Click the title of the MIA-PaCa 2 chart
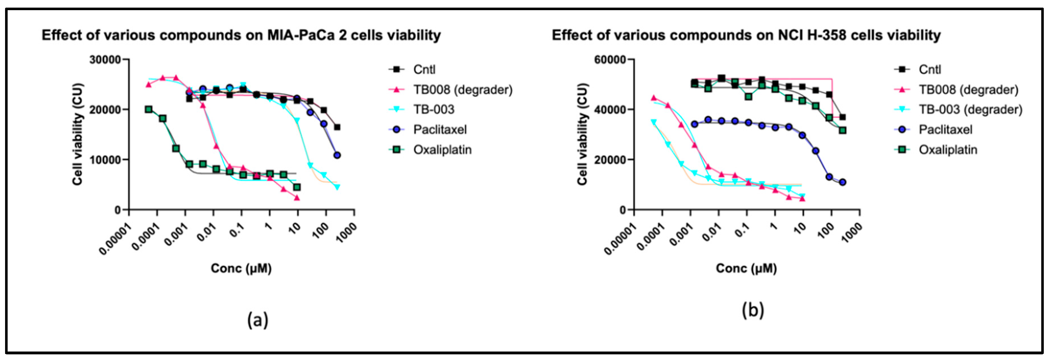click(x=241, y=36)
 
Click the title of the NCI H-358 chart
click(x=746, y=36)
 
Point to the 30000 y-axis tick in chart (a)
click(x=105, y=60)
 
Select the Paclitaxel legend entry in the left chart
click(x=439, y=130)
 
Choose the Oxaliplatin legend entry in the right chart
click(x=948, y=150)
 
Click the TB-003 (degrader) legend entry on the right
click(x=970, y=110)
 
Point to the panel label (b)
click(x=752, y=310)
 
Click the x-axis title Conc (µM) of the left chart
click(x=241, y=268)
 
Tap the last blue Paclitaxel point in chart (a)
click(x=337, y=155)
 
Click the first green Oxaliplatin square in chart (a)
click(x=149, y=109)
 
